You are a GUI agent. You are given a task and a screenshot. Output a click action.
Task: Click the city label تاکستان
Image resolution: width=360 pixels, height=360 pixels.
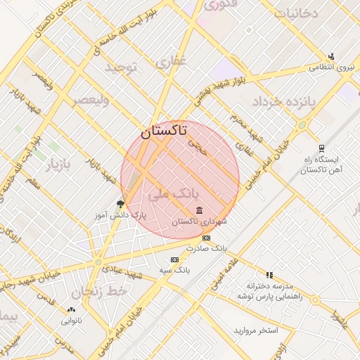[x=163, y=130]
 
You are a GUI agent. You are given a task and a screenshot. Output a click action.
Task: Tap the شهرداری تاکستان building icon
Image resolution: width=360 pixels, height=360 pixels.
[x=200, y=210]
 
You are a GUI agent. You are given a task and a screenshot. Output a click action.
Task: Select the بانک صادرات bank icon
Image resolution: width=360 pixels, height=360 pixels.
[x=206, y=238]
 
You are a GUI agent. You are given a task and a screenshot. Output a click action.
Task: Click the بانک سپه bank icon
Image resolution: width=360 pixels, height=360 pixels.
[x=174, y=259]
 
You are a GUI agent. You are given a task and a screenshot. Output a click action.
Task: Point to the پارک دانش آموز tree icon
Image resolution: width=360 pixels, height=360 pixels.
[x=120, y=204]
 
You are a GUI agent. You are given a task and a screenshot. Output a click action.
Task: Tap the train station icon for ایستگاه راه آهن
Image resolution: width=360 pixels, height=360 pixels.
[x=321, y=148]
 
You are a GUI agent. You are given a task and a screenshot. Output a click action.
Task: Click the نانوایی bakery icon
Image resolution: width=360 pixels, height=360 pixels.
[x=70, y=309]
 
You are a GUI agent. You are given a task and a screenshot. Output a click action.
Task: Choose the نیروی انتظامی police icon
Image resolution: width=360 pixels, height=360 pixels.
[x=330, y=57]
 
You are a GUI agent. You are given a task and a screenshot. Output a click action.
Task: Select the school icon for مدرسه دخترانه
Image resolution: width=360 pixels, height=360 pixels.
[x=269, y=275]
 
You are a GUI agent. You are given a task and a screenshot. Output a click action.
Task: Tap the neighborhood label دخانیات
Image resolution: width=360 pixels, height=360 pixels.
[x=295, y=13]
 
